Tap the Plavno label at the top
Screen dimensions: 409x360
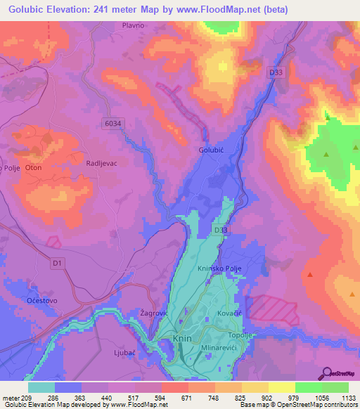click(x=133, y=25)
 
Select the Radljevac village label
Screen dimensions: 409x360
click(x=101, y=162)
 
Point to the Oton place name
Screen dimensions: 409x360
click(x=34, y=168)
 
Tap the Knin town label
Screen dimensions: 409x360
click(x=181, y=339)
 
